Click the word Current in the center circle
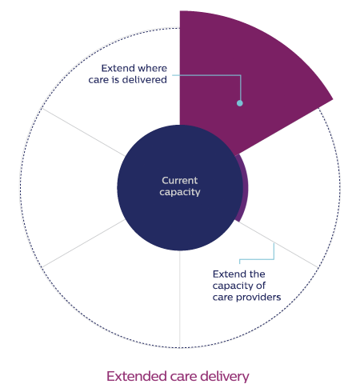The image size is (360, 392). tap(180, 181)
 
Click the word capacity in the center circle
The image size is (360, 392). tap(180, 192)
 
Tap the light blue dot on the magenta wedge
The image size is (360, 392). tap(240, 103)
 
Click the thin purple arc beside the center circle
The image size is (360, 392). tap(246, 188)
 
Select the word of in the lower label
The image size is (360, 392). tap(261, 286)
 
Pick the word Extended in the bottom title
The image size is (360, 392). tap(137, 376)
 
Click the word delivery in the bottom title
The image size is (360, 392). tap(225, 377)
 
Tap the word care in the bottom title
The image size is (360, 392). tap(184, 378)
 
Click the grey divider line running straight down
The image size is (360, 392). tap(180, 299)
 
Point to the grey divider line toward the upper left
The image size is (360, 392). tap(83, 132)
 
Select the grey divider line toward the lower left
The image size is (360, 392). tap(83, 243)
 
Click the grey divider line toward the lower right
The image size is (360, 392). tap(278, 244)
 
